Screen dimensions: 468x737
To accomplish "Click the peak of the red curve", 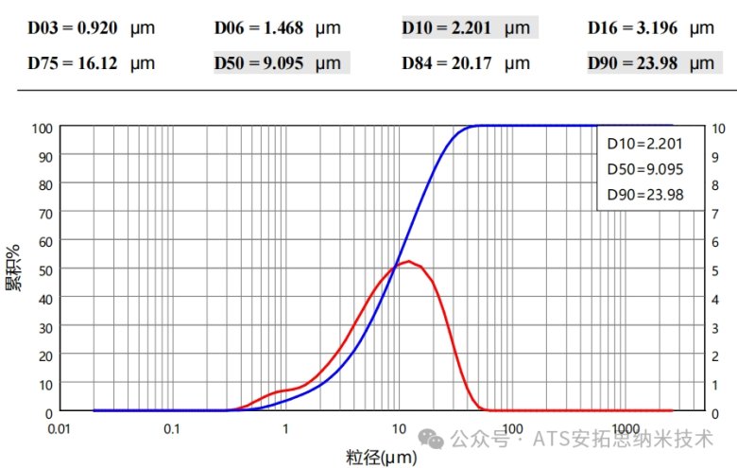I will pos(407,261).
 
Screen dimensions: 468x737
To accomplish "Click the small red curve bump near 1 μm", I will pos(281,391).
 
